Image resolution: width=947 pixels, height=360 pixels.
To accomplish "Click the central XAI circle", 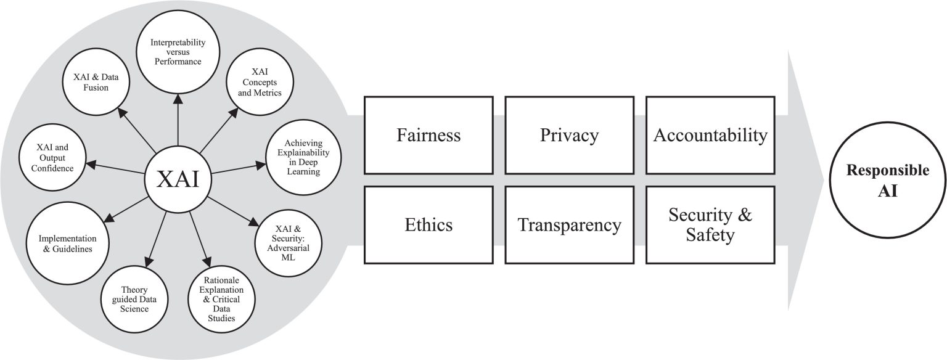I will pyautogui.click(x=177, y=179).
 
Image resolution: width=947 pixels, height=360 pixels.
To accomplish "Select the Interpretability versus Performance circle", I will pyautogui.click(x=177, y=53).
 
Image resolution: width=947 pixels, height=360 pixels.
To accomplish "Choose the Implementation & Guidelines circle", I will pyautogui.click(x=65, y=243).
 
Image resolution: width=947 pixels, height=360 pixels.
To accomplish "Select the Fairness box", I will pyautogui.click(x=428, y=135).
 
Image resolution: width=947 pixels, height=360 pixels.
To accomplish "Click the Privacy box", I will pyautogui.click(x=569, y=135).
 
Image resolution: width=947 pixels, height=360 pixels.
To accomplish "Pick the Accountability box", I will pyautogui.click(x=710, y=135).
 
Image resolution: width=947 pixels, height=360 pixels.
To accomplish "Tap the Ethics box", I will pyautogui.click(x=428, y=225).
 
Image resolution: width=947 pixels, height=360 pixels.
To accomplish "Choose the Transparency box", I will pyautogui.click(x=569, y=225).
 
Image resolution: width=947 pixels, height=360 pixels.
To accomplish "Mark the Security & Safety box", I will pyautogui.click(x=710, y=225).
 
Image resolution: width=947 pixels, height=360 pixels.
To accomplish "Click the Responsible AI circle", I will pyautogui.click(x=887, y=180).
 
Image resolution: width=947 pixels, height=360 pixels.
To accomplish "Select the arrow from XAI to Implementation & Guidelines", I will pyautogui.click(x=126, y=208).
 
